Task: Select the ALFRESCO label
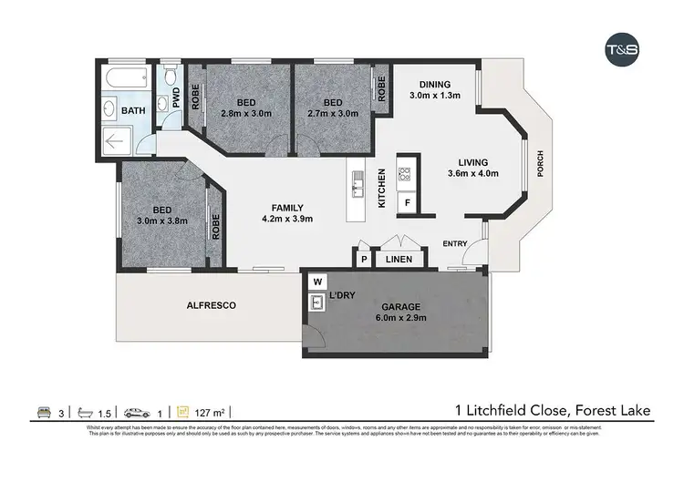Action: pyautogui.click(x=212, y=306)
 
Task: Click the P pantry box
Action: pyautogui.click(x=363, y=260)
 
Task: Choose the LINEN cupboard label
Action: pyautogui.click(x=399, y=260)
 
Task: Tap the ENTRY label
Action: pyautogui.click(x=455, y=244)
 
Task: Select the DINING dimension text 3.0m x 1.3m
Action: pyautogui.click(x=433, y=95)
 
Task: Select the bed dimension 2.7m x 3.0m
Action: pyautogui.click(x=332, y=114)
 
